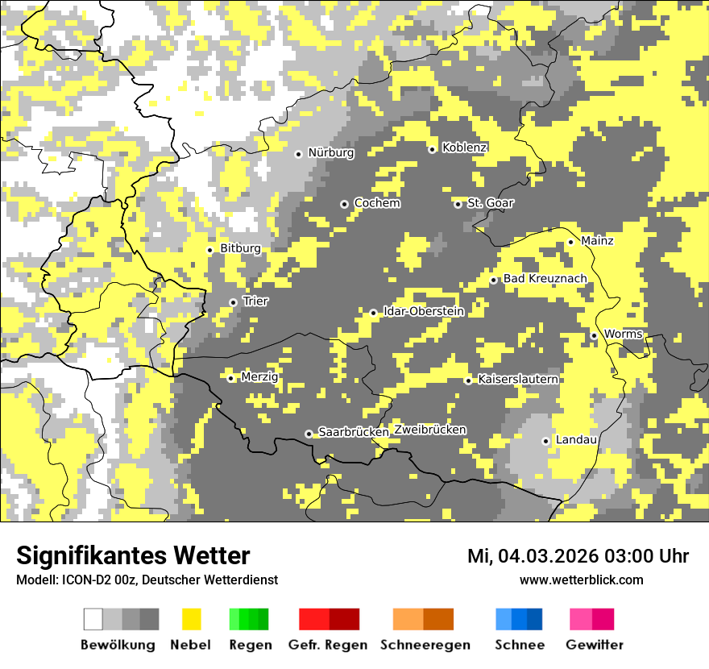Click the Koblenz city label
coord(464,148)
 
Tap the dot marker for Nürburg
coord(298,153)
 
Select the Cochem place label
coord(376,203)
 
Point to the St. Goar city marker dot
coord(458,204)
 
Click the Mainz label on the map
coord(597,241)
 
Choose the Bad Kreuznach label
coord(545,279)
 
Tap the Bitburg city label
coord(240,249)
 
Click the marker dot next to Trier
coord(233,302)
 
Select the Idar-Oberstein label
coord(423,311)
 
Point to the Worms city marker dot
coord(594,335)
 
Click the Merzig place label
coord(259,377)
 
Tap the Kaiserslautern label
coord(518,379)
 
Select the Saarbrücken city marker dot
coord(309,434)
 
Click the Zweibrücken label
coord(430,430)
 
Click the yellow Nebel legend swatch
coord(191,619)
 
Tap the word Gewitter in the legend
coord(594,645)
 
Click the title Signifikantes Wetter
coord(133,555)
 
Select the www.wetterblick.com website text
coord(581,580)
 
